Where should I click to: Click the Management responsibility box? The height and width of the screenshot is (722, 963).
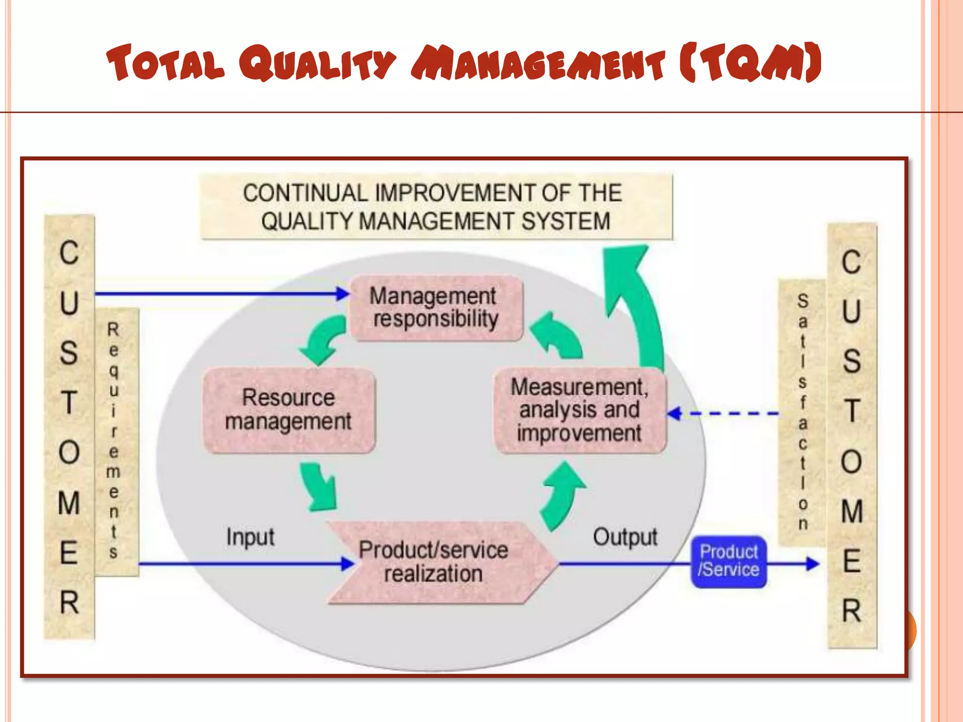pos(435,308)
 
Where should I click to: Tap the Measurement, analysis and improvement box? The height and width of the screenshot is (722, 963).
pos(579,410)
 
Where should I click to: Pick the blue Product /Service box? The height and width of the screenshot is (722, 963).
pos(728,561)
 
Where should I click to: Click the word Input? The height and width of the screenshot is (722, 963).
pos(250,537)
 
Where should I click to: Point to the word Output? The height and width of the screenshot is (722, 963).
pos(625,537)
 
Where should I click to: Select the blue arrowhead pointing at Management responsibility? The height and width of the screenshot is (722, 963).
pos(343,294)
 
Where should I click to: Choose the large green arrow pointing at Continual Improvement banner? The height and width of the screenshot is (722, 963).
pos(635,301)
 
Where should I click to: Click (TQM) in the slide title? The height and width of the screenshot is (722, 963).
pos(750,63)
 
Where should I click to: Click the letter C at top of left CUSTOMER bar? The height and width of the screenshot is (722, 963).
pos(69,253)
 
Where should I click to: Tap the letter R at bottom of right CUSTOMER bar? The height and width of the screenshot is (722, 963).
pos(851,611)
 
